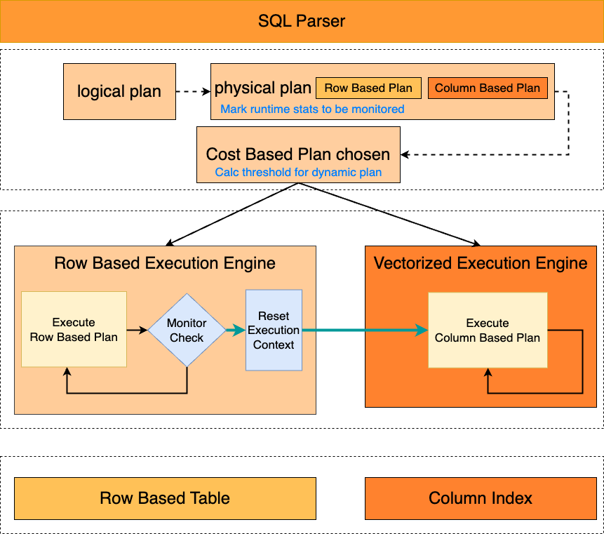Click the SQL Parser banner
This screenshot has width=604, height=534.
(302, 21)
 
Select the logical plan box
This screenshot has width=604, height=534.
(119, 91)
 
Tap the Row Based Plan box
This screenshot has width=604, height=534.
(368, 88)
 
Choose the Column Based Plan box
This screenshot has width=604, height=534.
(488, 88)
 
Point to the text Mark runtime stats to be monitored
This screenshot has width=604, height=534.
(312, 109)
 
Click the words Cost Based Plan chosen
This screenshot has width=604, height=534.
(298, 154)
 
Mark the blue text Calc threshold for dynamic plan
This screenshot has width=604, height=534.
(298, 173)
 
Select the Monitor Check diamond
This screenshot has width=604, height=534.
(187, 331)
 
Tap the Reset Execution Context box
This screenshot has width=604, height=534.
(274, 331)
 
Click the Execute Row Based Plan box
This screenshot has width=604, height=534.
(74, 330)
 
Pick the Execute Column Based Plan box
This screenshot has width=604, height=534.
(488, 330)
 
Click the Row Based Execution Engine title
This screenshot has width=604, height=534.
(165, 264)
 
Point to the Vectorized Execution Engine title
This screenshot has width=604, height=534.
(481, 264)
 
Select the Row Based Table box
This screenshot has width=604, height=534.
(165, 498)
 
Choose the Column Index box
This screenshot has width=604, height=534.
(481, 498)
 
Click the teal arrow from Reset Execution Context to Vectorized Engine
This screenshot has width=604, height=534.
(365, 330)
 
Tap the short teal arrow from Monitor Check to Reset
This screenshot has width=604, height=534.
(236, 330)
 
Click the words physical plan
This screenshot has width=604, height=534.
(263, 88)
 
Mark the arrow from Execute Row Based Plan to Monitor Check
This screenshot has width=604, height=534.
(137, 330)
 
